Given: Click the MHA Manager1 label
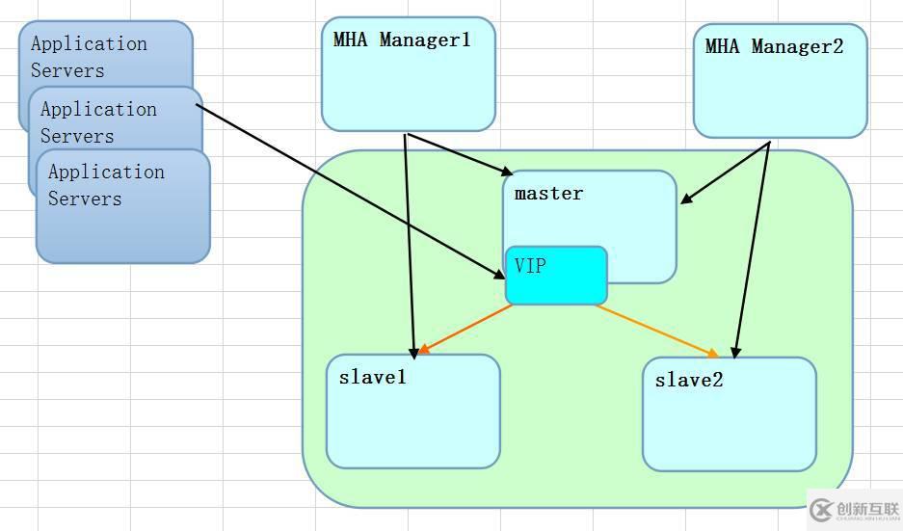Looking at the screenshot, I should click(x=402, y=40).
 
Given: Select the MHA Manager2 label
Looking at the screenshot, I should click(x=774, y=47).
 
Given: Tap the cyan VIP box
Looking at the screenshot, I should click(x=556, y=276).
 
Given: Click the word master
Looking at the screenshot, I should click(x=548, y=194).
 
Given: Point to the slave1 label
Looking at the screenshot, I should click(x=372, y=378).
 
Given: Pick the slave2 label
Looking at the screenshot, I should click(x=688, y=381).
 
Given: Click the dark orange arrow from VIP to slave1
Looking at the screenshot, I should click(x=465, y=330).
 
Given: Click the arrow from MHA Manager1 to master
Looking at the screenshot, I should click(x=459, y=154).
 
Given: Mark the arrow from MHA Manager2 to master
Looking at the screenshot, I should click(x=725, y=173).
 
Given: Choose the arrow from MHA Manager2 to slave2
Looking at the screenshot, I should click(x=752, y=251).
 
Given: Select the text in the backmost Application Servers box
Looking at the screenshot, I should click(x=89, y=57).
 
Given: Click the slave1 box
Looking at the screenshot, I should click(x=412, y=424).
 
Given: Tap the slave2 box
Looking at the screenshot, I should click(x=729, y=429).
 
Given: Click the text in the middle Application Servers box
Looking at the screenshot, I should click(x=97, y=122).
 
